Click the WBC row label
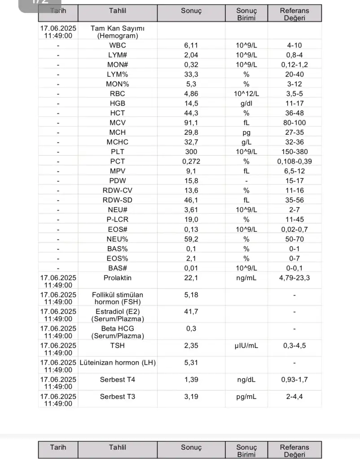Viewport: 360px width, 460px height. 117,45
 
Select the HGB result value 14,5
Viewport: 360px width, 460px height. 191,103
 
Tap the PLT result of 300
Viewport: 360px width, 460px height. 191,152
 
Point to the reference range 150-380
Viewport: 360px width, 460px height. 294,152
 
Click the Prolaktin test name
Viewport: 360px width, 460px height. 117,278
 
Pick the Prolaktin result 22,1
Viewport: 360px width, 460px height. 191,278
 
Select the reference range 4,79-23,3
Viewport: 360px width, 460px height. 294,278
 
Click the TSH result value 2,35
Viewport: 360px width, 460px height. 191,345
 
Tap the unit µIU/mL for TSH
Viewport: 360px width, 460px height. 246,345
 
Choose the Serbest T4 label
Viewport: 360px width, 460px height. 117,380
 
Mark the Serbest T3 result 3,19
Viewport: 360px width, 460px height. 191,397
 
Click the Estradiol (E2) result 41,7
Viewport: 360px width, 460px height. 191,311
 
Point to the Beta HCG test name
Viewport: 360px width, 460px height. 117,332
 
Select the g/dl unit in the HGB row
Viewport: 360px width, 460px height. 246,103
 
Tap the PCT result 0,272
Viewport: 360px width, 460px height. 191,161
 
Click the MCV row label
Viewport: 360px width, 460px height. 117,123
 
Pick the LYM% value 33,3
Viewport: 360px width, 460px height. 191,74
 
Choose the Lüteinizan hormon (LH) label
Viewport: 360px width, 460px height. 117,363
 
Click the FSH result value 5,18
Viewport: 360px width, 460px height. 191,295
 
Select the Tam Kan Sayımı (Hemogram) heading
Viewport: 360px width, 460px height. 117,31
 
